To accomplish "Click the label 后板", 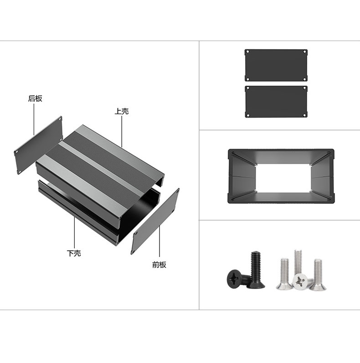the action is coord(35,99).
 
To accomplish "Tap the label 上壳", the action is coord(122,111).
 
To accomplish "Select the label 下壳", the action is coord(74,253).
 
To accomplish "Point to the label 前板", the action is coord(159,264).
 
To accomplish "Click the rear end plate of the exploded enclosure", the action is coord(39,145).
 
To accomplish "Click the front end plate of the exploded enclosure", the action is coord(155,221).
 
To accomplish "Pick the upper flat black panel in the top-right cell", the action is coord(276,65).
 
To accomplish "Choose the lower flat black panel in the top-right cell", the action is coord(276,102).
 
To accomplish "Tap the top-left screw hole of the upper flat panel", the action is coord(247,52).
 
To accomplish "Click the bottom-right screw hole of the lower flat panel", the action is coord(305,115).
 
